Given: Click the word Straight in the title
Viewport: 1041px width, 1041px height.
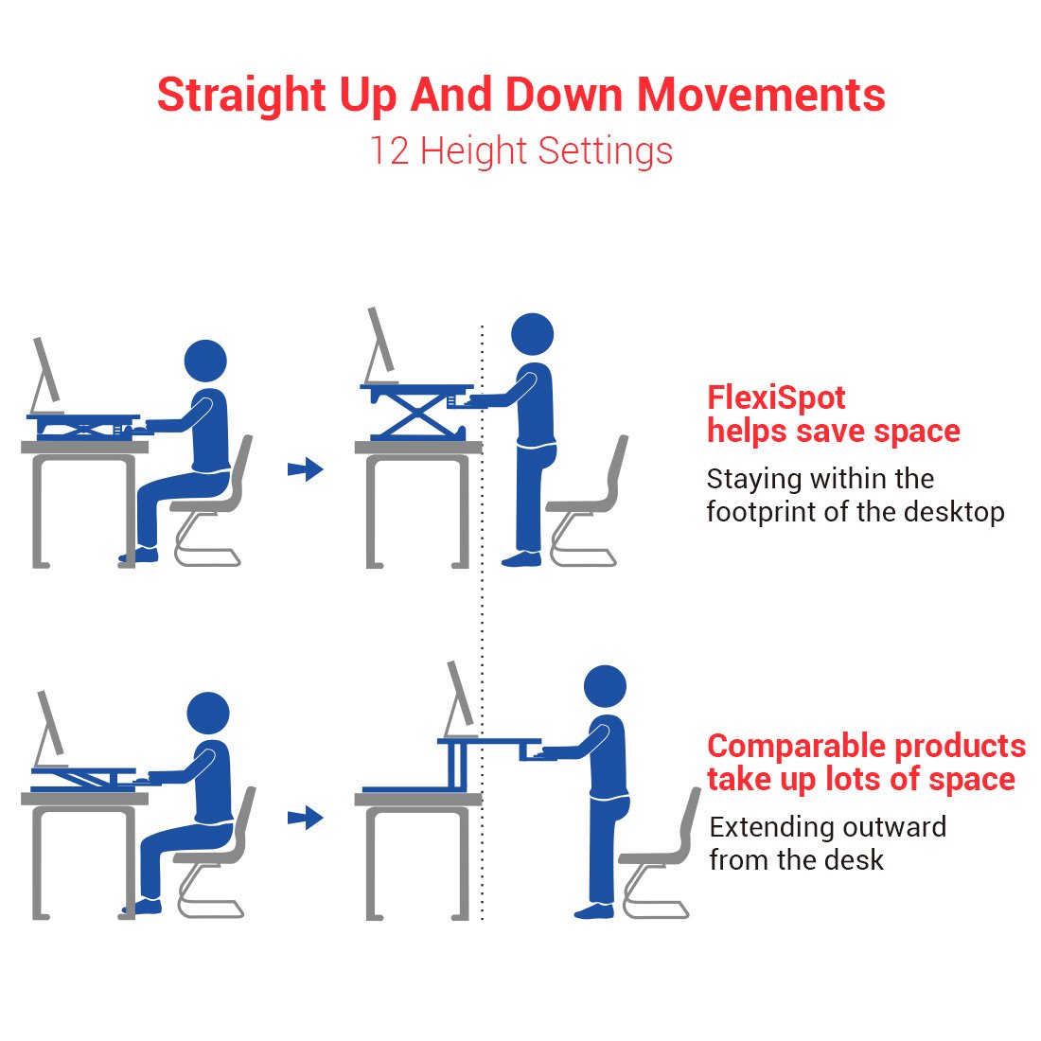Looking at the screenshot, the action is [x=241, y=95].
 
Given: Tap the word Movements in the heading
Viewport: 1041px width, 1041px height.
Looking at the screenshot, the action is [x=761, y=95].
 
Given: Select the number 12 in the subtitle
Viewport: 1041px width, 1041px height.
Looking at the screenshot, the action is [x=388, y=150].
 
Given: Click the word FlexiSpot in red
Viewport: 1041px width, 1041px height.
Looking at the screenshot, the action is [x=776, y=397].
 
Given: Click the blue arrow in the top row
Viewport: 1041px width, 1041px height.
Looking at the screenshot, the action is [x=306, y=469].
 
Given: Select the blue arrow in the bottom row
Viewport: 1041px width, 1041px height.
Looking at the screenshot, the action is [x=306, y=818].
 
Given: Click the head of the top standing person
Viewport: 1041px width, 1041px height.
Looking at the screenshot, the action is [x=533, y=334].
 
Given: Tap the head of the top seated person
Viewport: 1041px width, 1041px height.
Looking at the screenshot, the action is [x=205, y=362].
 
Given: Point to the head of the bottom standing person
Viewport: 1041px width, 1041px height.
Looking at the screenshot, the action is [x=605, y=686].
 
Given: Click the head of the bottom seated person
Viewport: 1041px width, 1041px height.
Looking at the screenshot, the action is [x=208, y=714].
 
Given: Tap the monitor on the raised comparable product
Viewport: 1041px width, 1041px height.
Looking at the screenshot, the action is [x=459, y=698].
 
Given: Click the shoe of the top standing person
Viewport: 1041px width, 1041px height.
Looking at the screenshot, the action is [x=521, y=559].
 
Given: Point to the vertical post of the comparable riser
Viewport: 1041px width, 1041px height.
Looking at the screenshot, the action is [x=458, y=765].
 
